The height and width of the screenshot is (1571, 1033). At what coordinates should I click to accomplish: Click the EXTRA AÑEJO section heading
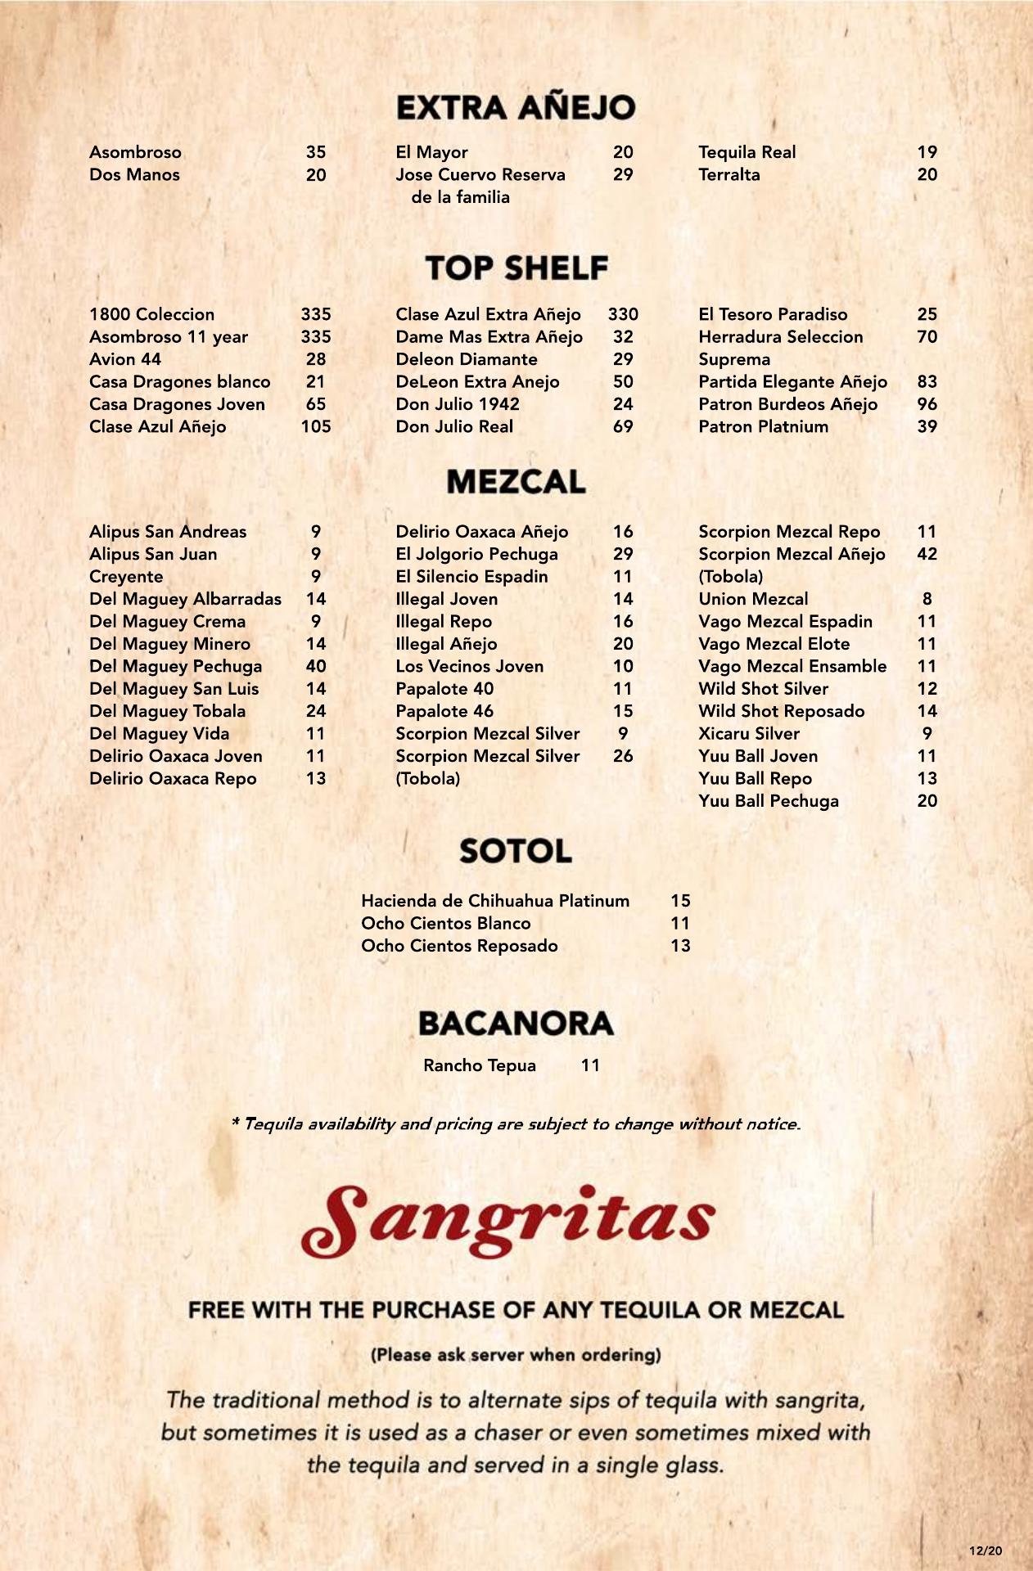point(516,107)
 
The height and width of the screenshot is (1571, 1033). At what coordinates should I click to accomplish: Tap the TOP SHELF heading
point(516,268)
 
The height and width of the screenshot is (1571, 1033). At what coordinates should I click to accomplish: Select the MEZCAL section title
point(516,481)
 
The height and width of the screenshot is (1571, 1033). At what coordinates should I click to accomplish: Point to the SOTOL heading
point(516,851)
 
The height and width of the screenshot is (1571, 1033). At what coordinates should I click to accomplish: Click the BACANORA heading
point(516,1023)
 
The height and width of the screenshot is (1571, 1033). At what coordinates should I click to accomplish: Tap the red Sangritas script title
point(508,1220)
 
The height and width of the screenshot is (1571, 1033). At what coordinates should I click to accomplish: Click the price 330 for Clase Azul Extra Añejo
point(623,314)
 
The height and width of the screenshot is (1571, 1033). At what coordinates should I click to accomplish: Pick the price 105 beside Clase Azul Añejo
point(315,426)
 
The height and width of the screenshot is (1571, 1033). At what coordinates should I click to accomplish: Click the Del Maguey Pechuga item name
point(175,666)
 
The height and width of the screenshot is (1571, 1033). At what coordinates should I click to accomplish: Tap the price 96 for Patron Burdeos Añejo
point(927,404)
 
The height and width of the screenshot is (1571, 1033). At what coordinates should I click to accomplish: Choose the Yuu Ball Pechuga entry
point(768,801)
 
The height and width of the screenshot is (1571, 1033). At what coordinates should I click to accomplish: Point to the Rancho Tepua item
point(480,1065)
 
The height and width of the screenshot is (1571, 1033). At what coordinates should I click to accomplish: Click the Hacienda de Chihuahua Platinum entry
point(495,901)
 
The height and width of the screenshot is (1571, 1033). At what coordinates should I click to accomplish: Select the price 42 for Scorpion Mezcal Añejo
point(927,554)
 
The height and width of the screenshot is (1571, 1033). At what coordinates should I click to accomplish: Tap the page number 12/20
point(985,1551)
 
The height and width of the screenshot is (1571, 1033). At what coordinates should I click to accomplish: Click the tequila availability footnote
point(516,1124)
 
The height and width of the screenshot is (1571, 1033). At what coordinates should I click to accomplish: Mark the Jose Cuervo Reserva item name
point(480,174)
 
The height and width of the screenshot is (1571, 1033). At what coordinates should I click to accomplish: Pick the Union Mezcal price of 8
point(927,599)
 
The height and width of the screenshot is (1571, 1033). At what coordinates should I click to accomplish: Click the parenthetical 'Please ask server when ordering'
point(516,1354)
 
